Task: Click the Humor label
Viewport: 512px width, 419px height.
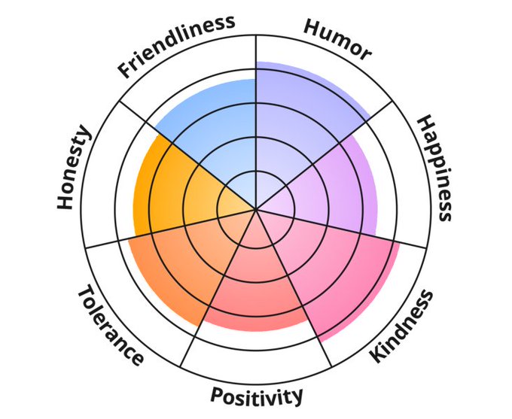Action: point(338,38)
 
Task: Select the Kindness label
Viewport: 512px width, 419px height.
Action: point(403,326)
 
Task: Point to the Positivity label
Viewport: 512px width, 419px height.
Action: point(257,396)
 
